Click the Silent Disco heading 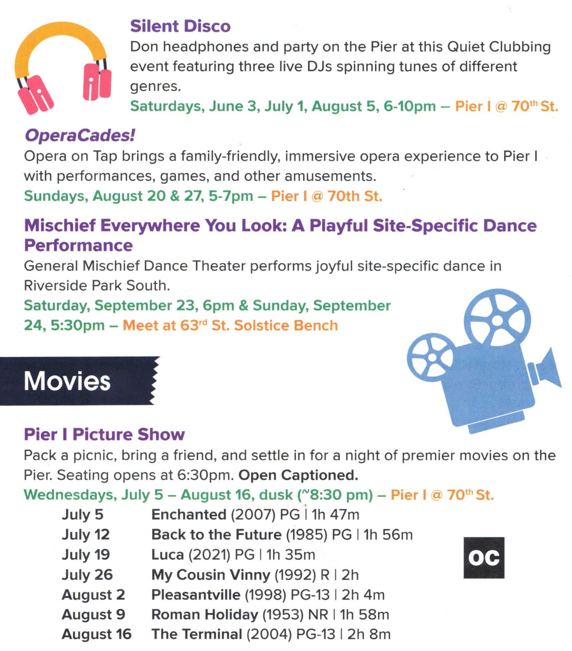(x=180, y=26)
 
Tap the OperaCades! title (x=80, y=135)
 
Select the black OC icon (x=484, y=558)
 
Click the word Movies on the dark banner (x=67, y=381)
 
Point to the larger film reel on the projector (x=497, y=321)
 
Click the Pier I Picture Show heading (x=104, y=434)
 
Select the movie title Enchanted (x=189, y=515)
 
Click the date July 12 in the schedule (x=86, y=535)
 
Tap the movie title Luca (x=168, y=555)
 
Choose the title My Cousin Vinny (x=211, y=575)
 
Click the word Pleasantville (x=196, y=595)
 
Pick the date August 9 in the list (x=93, y=615)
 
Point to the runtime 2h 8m (x=369, y=634)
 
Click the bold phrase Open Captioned (x=298, y=475)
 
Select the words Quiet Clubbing (x=499, y=47)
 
